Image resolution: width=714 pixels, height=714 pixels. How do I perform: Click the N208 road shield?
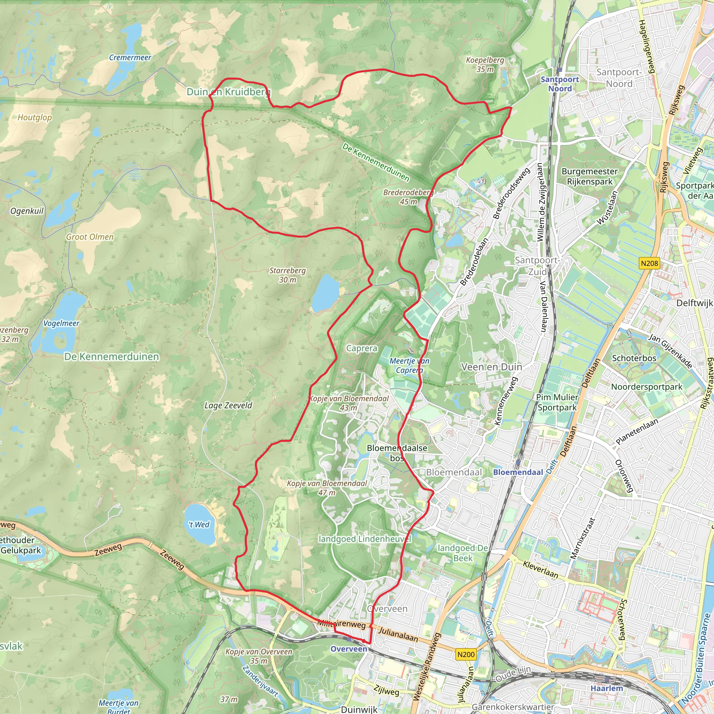point(649,263)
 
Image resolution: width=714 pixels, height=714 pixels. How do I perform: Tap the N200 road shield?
point(466,654)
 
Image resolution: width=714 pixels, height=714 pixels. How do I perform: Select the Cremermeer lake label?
point(130,58)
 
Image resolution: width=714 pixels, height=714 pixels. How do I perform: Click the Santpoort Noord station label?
point(560,84)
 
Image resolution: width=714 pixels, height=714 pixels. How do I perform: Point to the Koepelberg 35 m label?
point(485,64)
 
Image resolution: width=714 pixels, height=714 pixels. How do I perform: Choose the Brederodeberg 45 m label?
point(408,197)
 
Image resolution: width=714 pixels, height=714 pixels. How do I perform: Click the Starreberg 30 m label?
point(288,275)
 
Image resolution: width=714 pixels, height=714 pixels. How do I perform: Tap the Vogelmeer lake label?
point(61,324)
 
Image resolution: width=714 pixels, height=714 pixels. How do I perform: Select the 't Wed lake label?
point(199,524)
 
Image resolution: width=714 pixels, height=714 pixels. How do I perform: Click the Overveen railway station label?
point(349,649)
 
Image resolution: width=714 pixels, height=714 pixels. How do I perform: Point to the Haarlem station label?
point(607,688)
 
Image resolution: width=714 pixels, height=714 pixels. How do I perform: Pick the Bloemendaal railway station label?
point(518,472)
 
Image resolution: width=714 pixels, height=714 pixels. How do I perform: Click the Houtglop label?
point(35,117)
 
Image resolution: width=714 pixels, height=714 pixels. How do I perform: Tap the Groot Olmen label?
point(90,237)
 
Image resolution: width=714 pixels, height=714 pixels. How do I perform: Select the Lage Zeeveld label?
point(228,405)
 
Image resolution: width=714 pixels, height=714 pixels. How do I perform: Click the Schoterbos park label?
point(634,358)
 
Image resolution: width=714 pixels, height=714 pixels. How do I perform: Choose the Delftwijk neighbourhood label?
point(694,303)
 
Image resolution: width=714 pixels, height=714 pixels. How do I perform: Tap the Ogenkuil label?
point(26,211)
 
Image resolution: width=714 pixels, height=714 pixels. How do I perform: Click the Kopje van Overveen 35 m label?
point(259,656)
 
